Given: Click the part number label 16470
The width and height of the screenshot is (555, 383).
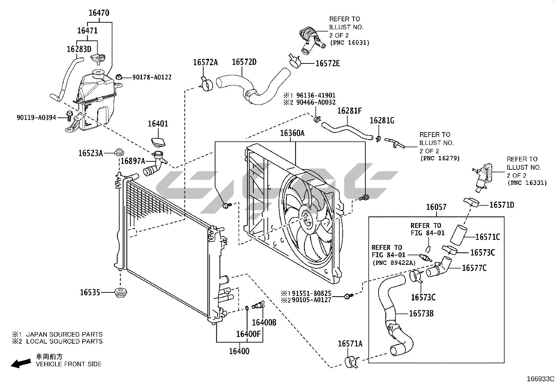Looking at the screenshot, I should [x=99, y=13].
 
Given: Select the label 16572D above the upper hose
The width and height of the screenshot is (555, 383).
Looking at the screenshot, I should [x=244, y=62].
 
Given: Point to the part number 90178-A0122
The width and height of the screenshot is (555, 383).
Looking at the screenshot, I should [x=152, y=77].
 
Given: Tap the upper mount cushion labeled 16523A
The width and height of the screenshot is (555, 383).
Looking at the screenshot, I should [x=119, y=153].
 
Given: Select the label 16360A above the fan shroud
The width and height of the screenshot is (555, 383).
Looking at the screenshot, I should [x=292, y=133].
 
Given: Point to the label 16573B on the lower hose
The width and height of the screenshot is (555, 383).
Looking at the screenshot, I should [x=421, y=314].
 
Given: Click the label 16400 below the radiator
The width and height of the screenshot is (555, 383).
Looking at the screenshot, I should [x=239, y=351].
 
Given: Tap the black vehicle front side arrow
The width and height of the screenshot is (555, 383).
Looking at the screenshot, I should [x=20, y=363].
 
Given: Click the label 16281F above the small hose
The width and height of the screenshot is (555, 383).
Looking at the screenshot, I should [x=349, y=111].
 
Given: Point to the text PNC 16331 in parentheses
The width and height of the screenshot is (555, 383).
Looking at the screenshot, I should [x=527, y=183].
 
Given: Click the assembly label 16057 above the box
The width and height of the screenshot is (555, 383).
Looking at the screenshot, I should [x=436, y=207].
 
